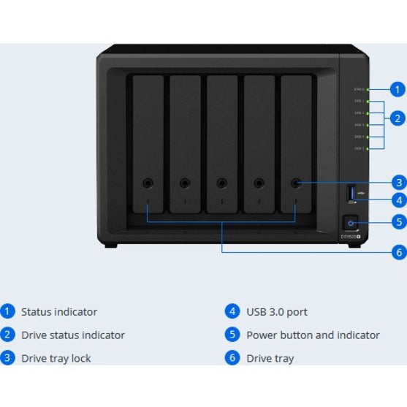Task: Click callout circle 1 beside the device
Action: click(398, 89)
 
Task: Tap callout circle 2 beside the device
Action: click(398, 118)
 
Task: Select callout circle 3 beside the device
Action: click(398, 183)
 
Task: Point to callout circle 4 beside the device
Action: click(398, 199)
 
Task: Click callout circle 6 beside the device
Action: click(398, 252)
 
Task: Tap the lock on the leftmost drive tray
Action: click(148, 184)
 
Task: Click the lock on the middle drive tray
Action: click(222, 184)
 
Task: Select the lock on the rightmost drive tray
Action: click(296, 184)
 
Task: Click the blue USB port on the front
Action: click(351, 193)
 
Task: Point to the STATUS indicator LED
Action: click(368, 89)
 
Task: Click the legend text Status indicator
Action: click(58, 312)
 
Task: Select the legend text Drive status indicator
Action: click(72, 335)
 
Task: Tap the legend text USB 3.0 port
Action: click(276, 312)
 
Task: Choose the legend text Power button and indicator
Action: click(313, 335)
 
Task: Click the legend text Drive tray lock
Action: click(56, 359)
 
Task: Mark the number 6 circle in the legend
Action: click(232, 358)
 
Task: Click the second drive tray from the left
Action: click(186, 142)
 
